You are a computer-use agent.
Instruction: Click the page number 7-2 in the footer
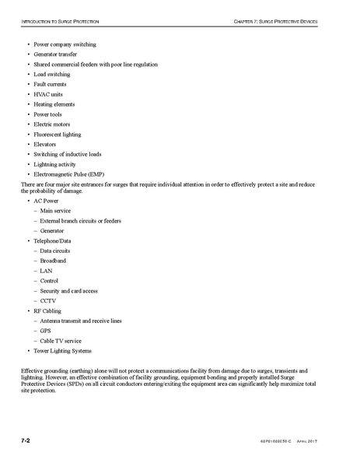(x=26, y=440)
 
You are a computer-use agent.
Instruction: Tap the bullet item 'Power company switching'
(x=64, y=45)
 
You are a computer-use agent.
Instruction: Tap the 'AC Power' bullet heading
(x=47, y=201)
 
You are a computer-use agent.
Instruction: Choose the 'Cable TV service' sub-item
(x=61, y=340)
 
